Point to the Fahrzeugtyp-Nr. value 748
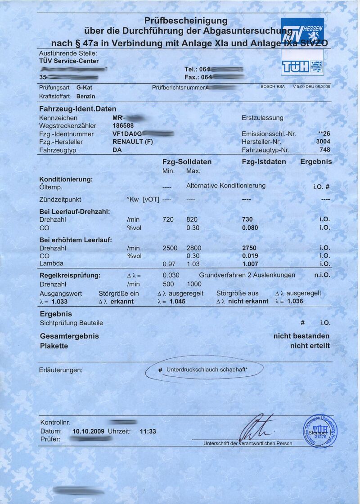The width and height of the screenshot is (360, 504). [x=324, y=150]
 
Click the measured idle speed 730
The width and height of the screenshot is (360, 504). [x=247, y=219]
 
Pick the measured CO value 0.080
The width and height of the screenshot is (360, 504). [x=250, y=227]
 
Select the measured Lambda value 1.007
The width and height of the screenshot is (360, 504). [x=250, y=264]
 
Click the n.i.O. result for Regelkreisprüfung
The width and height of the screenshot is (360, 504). [x=322, y=275]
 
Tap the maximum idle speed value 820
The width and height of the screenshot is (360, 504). [x=193, y=219]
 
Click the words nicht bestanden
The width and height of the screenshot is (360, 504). [x=301, y=336]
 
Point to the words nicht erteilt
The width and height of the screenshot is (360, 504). [x=310, y=346]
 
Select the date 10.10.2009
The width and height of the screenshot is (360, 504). [x=88, y=431]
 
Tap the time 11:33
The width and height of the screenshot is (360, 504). [x=148, y=431]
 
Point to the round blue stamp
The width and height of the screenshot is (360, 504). [x=319, y=431]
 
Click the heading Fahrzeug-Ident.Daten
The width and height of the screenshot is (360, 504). [x=77, y=109]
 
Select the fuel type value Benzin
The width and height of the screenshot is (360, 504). [x=85, y=96]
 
